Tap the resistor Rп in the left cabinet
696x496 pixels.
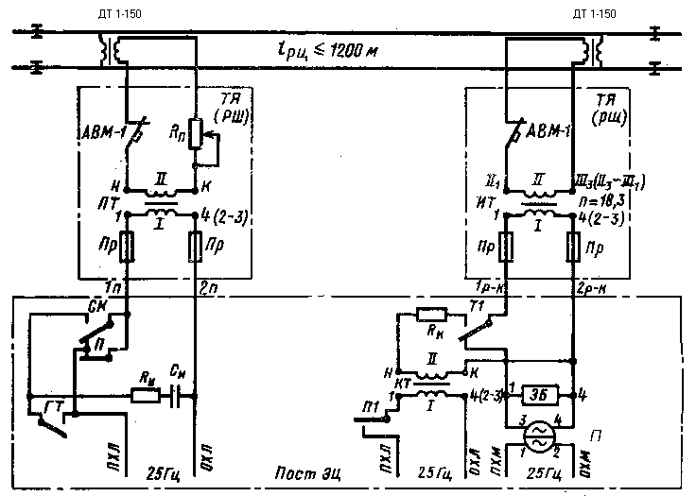pos(195,135)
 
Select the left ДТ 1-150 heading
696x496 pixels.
pos(127,11)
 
